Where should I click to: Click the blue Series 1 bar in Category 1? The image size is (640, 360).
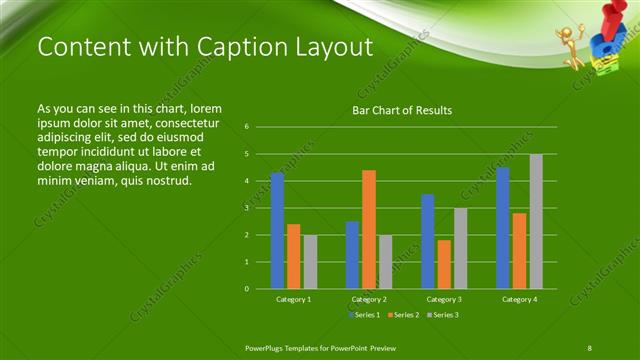(277, 231)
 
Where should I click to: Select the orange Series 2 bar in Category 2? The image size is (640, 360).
(369, 229)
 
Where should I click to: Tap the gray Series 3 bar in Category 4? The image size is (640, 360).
(536, 221)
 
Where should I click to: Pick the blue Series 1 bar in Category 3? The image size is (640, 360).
(428, 241)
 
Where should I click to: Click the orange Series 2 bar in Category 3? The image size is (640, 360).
(444, 264)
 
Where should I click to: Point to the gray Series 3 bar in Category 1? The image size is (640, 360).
(310, 262)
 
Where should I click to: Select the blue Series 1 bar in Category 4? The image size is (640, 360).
(503, 228)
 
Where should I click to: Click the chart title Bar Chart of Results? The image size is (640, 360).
(402, 110)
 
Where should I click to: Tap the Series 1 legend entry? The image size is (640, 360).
(363, 315)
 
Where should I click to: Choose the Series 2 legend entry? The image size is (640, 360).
(402, 315)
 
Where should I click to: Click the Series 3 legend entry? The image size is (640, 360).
(442, 315)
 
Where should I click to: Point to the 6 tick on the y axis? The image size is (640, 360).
(246, 127)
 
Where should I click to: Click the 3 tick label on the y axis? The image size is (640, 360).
(246, 208)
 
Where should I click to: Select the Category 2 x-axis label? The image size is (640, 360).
(369, 299)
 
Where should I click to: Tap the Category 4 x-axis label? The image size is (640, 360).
(519, 299)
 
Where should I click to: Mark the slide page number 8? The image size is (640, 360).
(590, 347)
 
